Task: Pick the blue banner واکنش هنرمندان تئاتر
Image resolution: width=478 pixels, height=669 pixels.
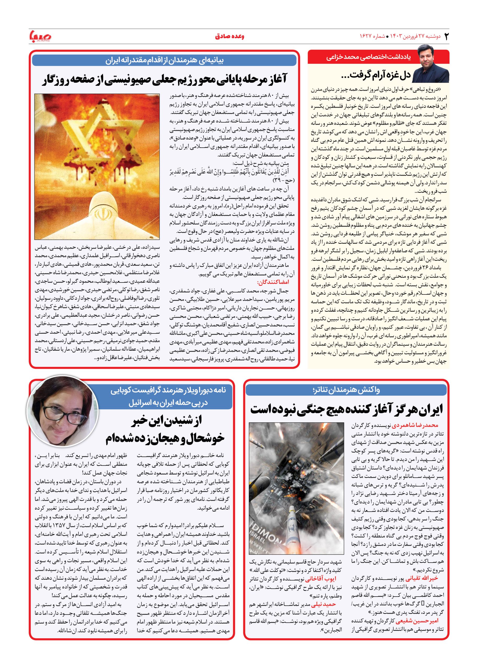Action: [x=346, y=390]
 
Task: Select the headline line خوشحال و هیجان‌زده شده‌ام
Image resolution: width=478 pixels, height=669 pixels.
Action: [x=165, y=438]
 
